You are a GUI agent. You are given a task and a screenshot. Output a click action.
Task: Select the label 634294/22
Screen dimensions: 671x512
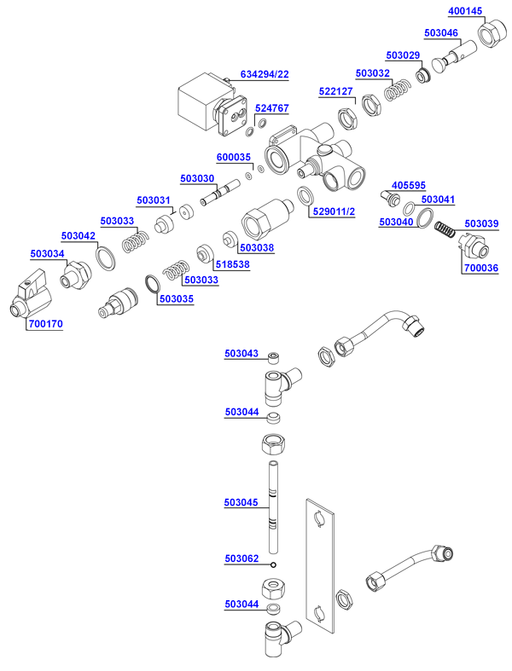point(265,74)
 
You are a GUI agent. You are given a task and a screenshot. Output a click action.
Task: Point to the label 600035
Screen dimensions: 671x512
point(234,157)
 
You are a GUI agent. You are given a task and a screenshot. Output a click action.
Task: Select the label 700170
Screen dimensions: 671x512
point(45,324)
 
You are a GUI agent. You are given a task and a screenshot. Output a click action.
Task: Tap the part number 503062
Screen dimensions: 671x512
point(241,558)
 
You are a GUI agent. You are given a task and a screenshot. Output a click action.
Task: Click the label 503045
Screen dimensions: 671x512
point(241,503)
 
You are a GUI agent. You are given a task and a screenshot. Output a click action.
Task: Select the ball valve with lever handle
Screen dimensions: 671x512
point(29,294)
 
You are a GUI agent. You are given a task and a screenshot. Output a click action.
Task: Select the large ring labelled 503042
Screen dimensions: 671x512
point(105,257)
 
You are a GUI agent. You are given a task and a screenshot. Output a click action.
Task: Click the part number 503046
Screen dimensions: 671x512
point(441,33)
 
